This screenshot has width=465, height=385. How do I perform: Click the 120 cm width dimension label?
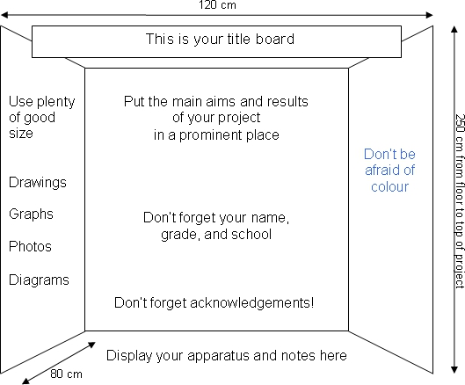(217, 4)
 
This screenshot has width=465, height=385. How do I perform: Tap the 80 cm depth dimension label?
(66, 374)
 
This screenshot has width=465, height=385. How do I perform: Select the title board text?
(220, 40)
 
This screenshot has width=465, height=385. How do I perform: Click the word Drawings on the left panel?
(38, 183)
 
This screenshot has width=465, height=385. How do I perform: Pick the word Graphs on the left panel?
(31, 214)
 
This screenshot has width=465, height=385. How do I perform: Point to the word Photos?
(30, 246)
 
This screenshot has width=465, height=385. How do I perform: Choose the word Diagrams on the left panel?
(39, 280)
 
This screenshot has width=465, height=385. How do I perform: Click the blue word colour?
(389, 187)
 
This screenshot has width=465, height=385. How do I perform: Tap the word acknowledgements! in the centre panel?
(251, 303)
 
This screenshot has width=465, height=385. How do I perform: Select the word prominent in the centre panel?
(211, 135)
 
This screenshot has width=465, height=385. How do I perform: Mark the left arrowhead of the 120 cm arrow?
(4, 15)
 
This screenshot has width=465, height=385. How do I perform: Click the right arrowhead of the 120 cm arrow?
(430, 15)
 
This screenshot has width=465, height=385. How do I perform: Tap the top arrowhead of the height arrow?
(454, 30)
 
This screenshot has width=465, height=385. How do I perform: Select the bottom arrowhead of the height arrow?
(454, 369)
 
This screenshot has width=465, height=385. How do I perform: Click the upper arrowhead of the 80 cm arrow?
(92, 345)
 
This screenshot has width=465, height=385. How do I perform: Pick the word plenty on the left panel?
(56, 102)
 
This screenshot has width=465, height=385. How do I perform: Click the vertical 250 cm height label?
(460, 200)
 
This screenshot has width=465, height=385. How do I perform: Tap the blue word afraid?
(382, 171)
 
